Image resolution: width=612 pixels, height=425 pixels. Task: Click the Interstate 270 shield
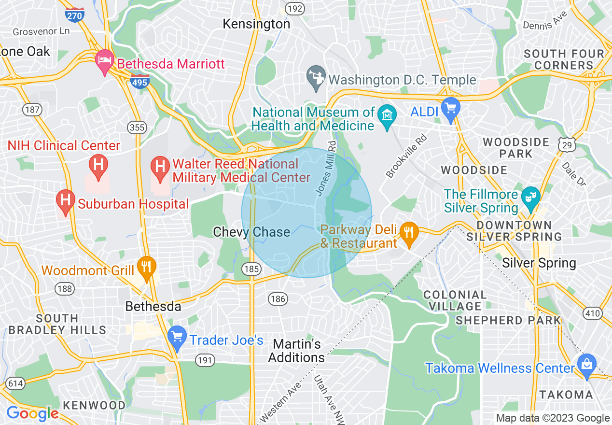click(74, 14)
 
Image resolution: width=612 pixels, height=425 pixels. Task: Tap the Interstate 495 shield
click(139, 82)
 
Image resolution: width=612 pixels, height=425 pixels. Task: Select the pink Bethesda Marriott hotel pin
click(105, 61)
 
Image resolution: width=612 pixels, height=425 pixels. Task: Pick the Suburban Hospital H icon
click(65, 201)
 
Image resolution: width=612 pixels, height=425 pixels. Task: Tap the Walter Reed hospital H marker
click(159, 167)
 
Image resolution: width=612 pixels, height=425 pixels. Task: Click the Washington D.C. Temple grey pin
click(316, 78)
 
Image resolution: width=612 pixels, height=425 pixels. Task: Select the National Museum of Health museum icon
click(387, 116)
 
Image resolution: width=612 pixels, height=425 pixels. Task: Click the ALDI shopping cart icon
click(451, 110)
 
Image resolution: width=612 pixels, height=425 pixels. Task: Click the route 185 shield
click(252, 269)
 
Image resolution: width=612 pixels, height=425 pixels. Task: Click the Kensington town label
click(256, 24)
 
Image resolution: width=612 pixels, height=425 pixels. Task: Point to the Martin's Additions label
click(296, 351)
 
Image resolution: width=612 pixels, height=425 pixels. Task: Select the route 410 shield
click(592, 313)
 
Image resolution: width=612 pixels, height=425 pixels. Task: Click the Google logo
click(32, 414)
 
